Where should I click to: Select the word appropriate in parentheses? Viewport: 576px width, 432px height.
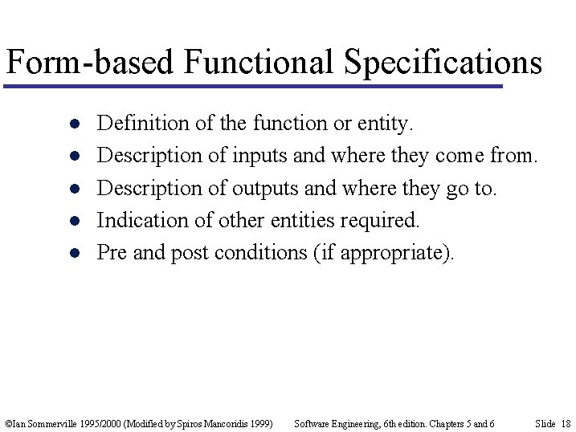tap(393, 253)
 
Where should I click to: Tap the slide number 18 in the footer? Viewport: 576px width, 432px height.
tap(565, 423)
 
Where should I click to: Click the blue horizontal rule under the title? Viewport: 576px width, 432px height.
tap(253, 85)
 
